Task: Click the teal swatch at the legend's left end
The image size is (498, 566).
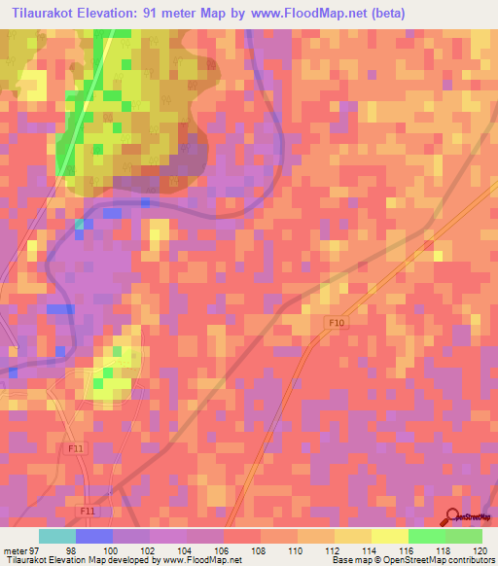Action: (x=57, y=536)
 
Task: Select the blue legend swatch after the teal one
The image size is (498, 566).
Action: (x=94, y=536)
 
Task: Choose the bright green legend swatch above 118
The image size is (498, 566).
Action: (x=427, y=536)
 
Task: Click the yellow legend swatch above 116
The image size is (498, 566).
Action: (x=390, y=536)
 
